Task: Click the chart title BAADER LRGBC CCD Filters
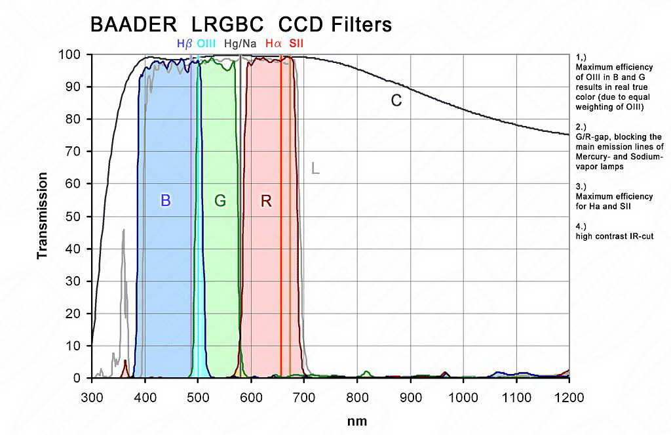(x=240, y=24)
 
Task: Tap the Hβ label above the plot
(x=184, y=44)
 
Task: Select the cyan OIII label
(x=206, y=44)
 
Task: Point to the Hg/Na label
(x=240, y=44)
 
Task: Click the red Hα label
(x=273, y=44)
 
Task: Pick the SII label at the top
(x=296, y=44)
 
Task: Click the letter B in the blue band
(x=166, y=201)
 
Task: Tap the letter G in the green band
(x=220, y=201)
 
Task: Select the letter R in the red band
(x=266, y=201)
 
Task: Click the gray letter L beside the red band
(x=315, y=169)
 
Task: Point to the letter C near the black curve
(x=396, y=101)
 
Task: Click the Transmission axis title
(x=43, y=216)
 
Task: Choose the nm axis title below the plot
(x=357, y=421)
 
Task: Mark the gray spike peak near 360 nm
(x=123, y=230)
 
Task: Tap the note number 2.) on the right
(x=581, y=127)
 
